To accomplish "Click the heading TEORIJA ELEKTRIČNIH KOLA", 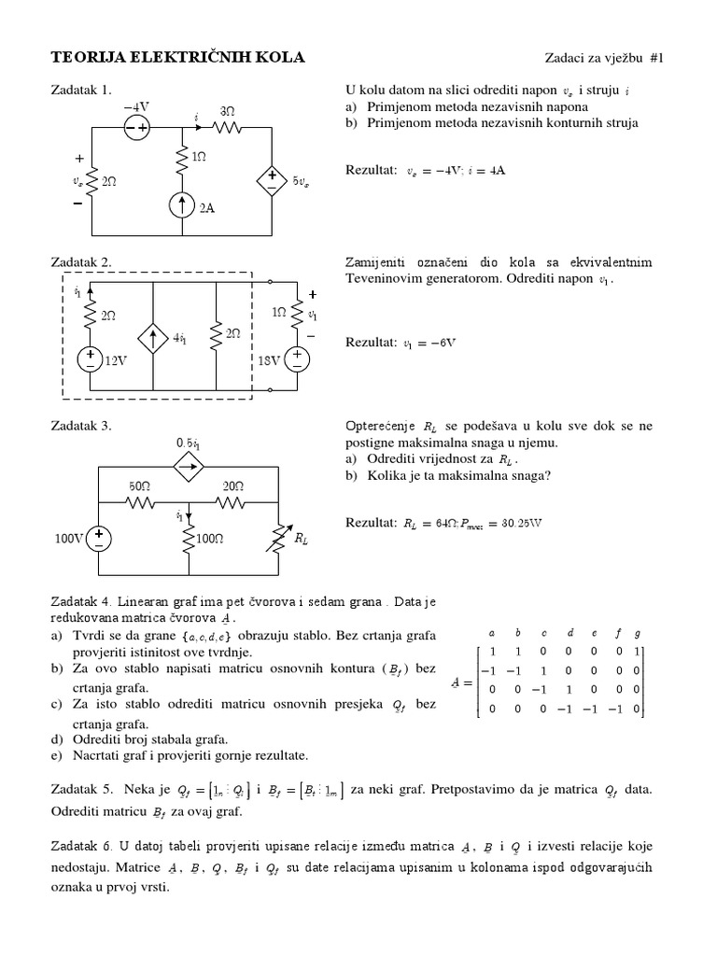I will pyautogui.click(x=176, y=58).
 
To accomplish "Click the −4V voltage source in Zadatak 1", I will pyautogui.click(x=135, y=130).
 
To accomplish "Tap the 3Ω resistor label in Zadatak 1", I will pyautogui.click(x=227, y=110).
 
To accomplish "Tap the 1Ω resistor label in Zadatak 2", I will pyautogui.click(x=278, y=315).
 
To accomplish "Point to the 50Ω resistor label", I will pyautogui.click(x=139, y=486).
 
